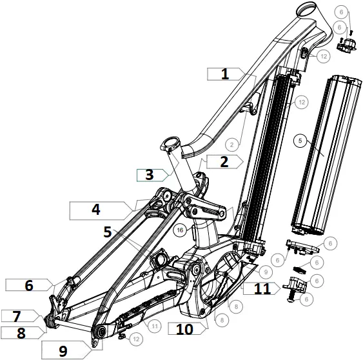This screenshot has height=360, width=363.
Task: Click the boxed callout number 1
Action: point(224,74)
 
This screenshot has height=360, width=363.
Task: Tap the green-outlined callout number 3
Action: point(149,175)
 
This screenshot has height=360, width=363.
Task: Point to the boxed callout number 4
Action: point(95,209)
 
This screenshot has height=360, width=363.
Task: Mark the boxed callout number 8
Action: point(21,333)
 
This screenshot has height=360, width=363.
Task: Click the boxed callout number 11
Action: point(262,290)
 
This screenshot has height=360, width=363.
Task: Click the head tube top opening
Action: point(307,10)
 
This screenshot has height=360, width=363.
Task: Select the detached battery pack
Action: point(322,155)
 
